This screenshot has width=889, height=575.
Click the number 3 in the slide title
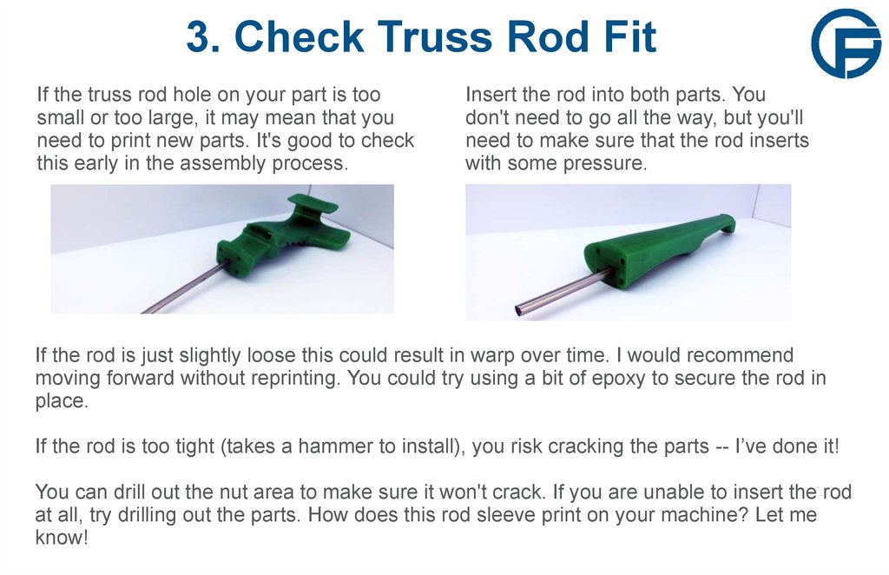(x=199, y=37)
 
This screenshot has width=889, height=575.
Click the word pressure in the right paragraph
(x=607, y=162)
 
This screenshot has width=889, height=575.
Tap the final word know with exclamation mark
(x=61, y=538)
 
